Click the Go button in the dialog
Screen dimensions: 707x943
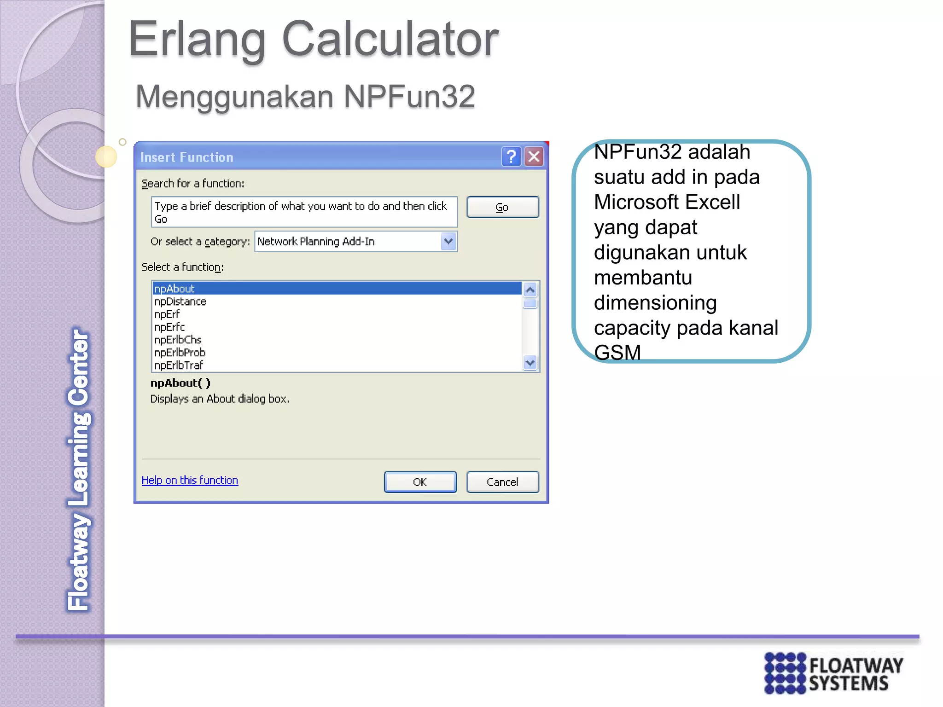tap(502, 207)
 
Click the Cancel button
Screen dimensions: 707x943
tap(502, 482)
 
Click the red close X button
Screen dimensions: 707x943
tap(534, 157)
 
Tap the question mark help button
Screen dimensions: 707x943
tap(511, 157)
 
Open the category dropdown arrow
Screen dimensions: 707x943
tap(448, 241)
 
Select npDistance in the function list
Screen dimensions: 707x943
tap(180, 301)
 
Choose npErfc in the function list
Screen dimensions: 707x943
tap(169, 327)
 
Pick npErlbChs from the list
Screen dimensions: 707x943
tap(178, 340)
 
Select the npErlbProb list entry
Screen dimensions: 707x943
tap(180, 353)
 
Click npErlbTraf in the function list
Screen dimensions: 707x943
tap(179, 365)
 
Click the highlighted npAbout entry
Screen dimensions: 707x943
tap(175, 289)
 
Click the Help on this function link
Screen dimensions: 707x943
tap(190, 480)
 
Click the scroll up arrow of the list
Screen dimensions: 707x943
tap(530, 290)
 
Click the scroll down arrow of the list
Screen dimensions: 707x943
tap(530, 363)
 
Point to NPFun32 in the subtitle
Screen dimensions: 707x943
tap(409, 97)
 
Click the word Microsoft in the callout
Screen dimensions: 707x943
tap(635, 202)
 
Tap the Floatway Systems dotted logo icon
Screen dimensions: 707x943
tap(785, 673)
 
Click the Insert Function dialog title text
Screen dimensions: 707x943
tap(187, 157)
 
